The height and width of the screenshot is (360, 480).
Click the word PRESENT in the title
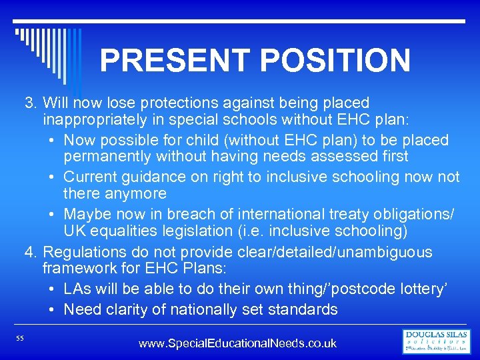[x=175, y=60]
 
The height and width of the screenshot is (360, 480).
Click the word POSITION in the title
[x=335, y=60]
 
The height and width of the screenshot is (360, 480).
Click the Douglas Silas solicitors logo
[x=437, y=341]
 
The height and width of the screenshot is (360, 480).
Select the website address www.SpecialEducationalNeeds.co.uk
[x=237, y=344]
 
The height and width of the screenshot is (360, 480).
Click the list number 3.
[x=29, y=103]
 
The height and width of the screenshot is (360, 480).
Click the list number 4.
[x=29, y=253]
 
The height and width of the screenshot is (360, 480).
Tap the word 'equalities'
[x=122, y=231]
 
